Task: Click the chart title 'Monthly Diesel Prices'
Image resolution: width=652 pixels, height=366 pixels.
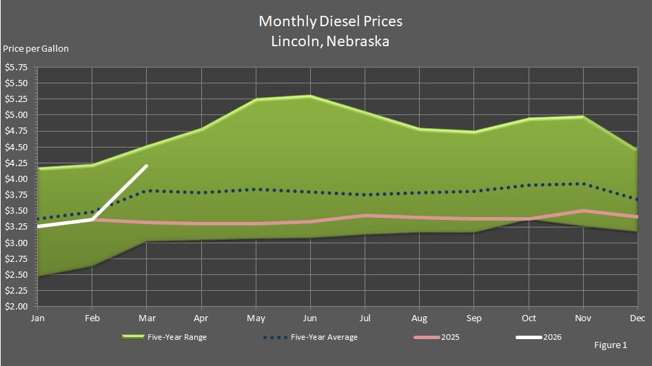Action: click(330, 21)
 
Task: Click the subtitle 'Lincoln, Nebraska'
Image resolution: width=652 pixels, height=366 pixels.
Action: click(330, 41)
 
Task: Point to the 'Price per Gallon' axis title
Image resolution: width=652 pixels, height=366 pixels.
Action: click(36, 48)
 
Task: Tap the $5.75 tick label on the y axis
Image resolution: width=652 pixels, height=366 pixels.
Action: click(16, 68)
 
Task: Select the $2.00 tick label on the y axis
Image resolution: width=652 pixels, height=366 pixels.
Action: click(16, 307)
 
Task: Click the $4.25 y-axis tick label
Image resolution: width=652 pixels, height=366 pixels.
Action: click(16, 163)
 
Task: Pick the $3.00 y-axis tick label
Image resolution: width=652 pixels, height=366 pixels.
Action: click(16, 243)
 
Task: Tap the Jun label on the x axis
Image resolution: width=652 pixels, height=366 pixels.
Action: click(310, 318)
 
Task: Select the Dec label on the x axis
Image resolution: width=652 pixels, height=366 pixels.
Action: click(638, 318)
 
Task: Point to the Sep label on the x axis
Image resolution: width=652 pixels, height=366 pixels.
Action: click(474, 318)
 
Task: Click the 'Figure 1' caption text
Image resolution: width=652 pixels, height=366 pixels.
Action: click(610, 344)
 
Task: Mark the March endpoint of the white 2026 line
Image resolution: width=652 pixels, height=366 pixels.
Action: click(146, 165)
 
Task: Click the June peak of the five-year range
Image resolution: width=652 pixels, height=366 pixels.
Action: click(310, 96)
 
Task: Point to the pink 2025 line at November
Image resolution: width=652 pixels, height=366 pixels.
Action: click(583, 211)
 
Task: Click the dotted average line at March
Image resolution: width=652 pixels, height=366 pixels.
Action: click(146, 191)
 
